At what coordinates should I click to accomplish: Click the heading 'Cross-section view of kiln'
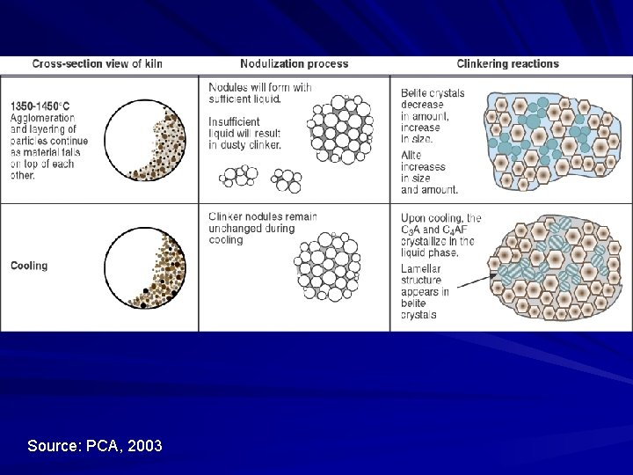tap(97, 63)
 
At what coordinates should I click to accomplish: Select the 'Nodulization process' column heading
tap(294, 63)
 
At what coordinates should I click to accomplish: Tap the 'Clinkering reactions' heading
tap(507, 63)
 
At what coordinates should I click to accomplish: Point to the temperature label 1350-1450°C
tap(42, 106)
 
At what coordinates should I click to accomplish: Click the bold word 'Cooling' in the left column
tap(29, 265)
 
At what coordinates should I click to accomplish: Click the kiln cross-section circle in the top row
tap(149, 139)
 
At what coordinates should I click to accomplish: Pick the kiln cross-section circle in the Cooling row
tap(149, 267)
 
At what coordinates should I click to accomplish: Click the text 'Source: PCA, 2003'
tap(95, 446)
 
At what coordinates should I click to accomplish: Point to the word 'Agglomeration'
tap(43, 118)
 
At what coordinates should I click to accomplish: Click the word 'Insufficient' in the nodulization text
tap(235, 121)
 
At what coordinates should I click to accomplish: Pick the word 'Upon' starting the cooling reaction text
tap(415, 218)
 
